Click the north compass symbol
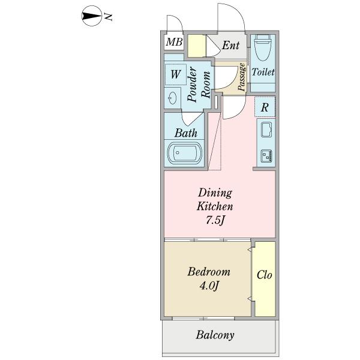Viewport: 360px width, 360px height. click(92, 16)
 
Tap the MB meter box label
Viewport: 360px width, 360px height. click(174, 42)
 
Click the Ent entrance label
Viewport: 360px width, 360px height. click(230, 45)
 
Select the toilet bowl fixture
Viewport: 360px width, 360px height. click(263, 47)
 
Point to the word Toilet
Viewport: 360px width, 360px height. click(263, 72)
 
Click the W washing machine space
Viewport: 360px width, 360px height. click(175, 74)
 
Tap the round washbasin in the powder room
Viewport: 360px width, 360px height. click(172, 98)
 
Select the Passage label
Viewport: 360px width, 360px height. click(241, 77)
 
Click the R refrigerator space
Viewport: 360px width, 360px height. click(265, 107)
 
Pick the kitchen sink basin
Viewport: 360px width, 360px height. click(266, 130)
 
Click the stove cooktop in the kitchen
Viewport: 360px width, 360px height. click(266, 155)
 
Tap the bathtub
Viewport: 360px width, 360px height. click(185, 153)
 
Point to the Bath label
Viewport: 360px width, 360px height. click(186, 133)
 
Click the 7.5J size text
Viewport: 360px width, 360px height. click(215, 220)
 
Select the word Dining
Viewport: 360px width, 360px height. click(215, 193)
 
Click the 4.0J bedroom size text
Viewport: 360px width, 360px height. click(209, 286)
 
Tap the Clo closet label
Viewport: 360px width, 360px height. click(265, 275)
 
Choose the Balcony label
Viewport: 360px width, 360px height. click(215, 335)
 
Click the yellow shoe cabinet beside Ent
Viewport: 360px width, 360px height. click(197, 46)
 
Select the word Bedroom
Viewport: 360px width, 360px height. click(209, 272)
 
